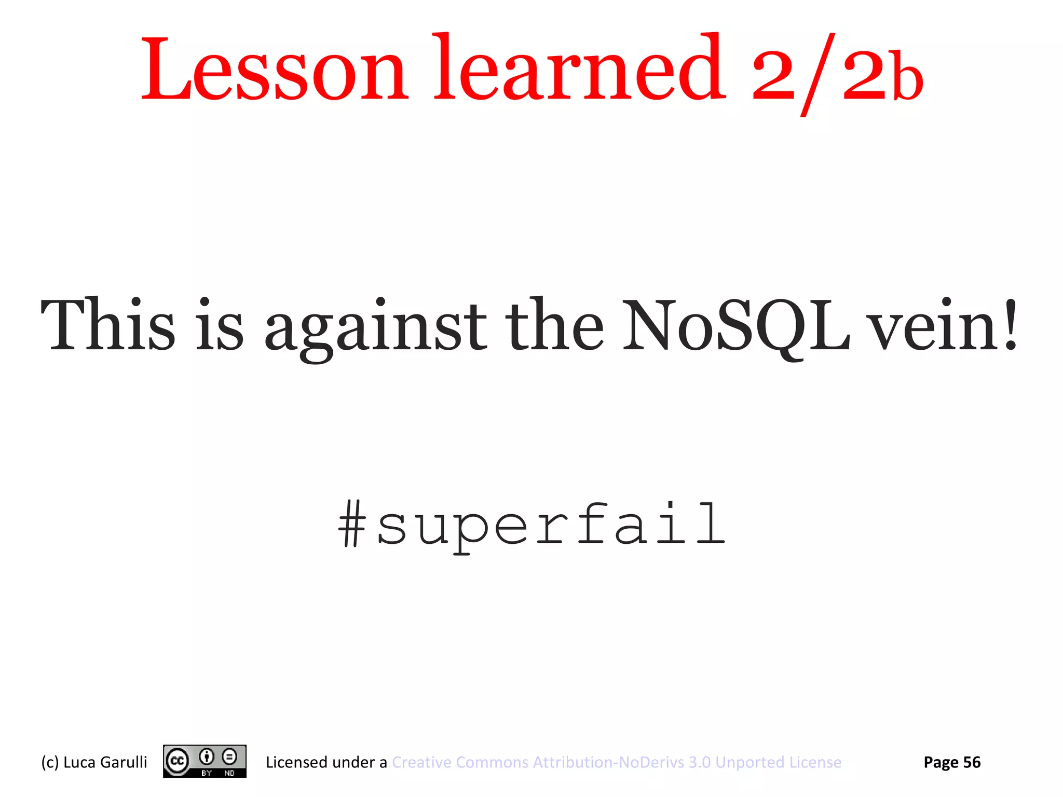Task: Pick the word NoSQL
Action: click(736, 326)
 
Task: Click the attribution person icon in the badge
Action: click(207, 757)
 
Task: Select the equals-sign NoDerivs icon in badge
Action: click(229, 757)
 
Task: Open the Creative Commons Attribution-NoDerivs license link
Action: click(616, 762)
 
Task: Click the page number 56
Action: click(972, 762)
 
